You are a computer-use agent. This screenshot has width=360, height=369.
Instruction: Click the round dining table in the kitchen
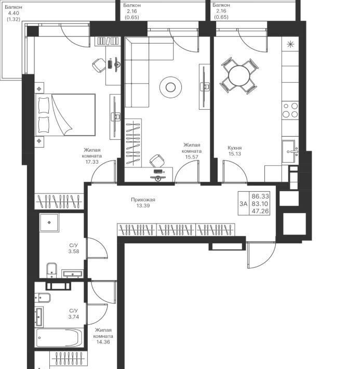239,76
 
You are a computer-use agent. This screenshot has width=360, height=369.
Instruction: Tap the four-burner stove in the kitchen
290,110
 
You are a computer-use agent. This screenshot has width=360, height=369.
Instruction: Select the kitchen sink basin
288,151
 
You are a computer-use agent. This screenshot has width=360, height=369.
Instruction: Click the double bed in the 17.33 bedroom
65,115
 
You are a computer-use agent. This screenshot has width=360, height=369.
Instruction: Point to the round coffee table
170,87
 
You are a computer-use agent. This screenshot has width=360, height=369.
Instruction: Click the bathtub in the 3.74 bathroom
59,338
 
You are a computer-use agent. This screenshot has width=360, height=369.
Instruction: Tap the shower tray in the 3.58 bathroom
49,222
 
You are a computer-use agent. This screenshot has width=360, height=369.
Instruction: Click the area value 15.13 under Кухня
235,154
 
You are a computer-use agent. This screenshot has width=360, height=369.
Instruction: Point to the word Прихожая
143,200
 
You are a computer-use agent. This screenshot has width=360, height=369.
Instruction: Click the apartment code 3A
244,204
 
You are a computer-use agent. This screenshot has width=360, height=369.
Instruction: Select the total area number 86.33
260,196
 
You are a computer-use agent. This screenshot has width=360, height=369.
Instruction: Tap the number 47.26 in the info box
260,211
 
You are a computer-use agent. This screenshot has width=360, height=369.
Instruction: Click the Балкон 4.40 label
14,10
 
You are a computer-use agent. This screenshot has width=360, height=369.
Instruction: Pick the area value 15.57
192,157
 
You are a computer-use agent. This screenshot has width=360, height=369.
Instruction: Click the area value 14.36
103,342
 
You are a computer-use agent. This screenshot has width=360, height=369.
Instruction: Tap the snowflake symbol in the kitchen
290,44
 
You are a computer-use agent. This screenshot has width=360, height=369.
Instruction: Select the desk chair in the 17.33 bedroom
99,65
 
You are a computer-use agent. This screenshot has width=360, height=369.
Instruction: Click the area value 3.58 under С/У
74,252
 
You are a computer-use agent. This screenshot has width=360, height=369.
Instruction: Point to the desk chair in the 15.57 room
157,161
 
